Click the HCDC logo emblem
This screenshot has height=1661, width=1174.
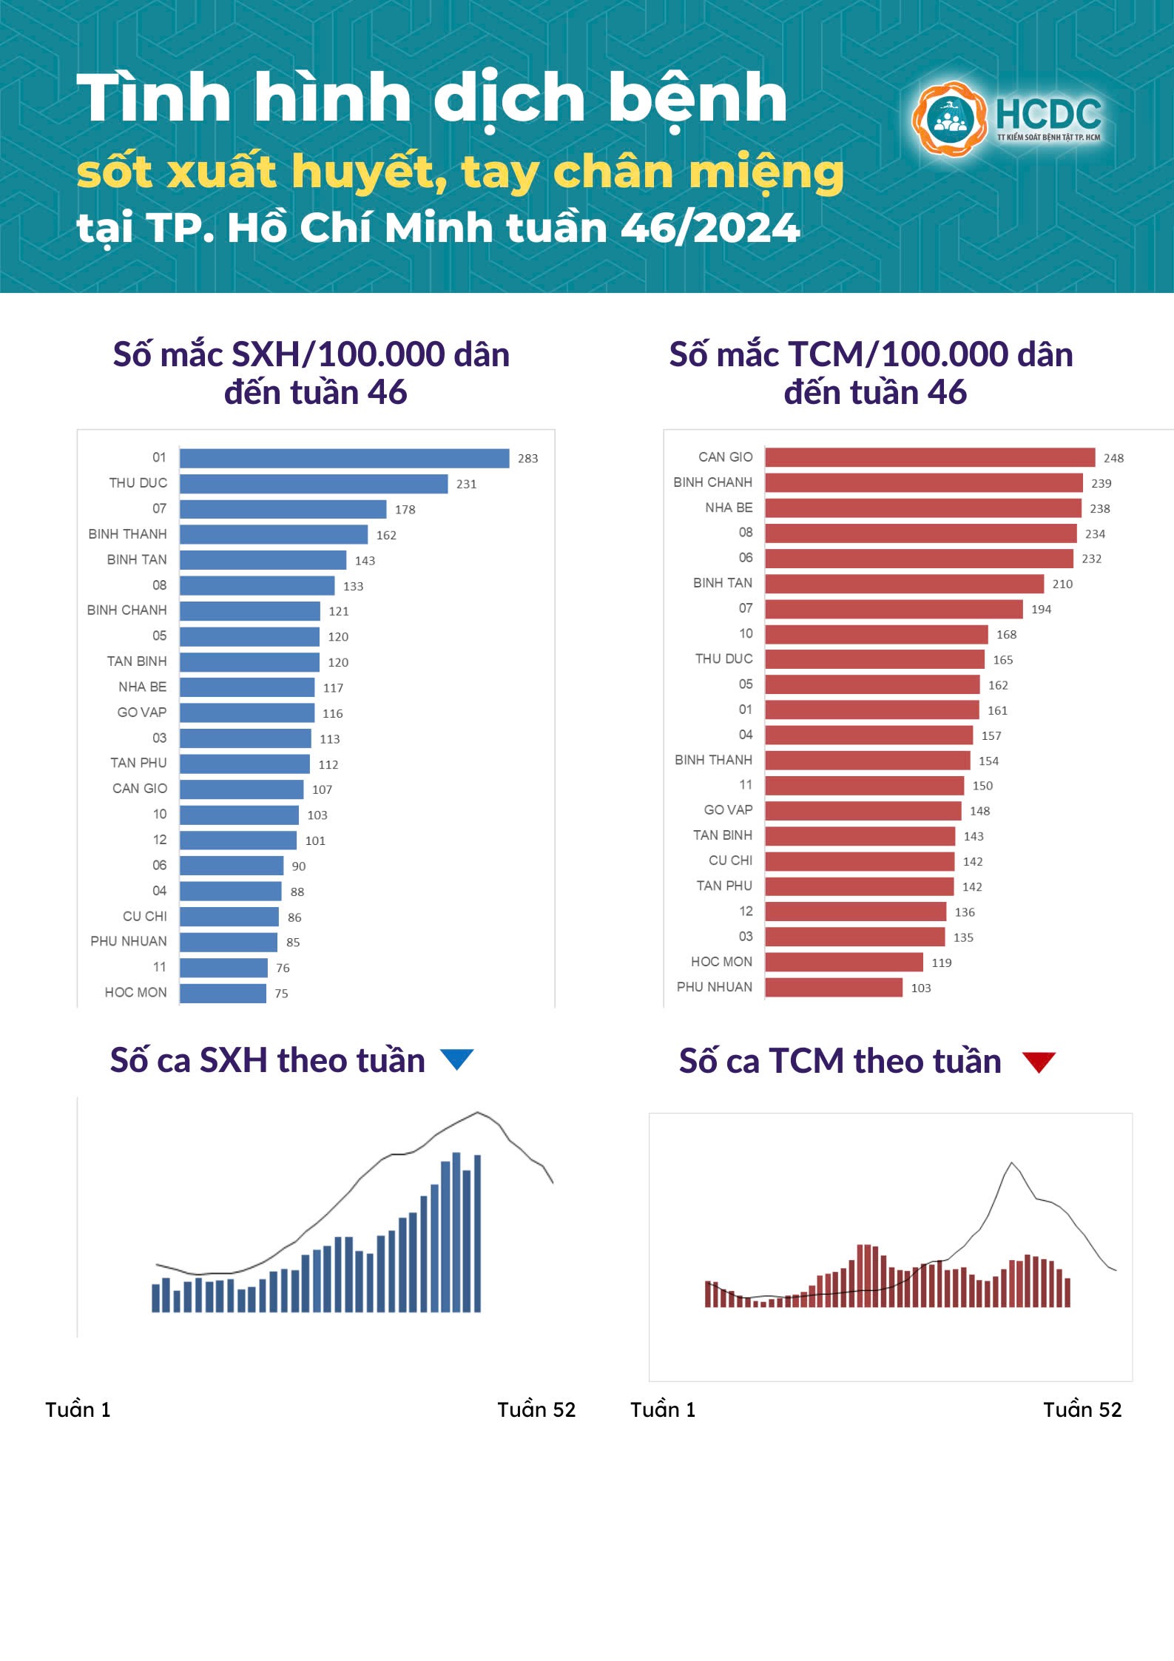949,118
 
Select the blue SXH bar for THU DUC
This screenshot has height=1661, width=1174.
314,484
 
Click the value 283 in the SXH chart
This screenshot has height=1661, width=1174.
527,459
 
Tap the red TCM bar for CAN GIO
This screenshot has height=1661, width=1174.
930,457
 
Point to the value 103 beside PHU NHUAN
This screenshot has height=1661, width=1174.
920,988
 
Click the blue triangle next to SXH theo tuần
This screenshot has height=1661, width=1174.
456,1059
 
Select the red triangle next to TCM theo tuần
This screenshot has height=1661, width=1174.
1039,1062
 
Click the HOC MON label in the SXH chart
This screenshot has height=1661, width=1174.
135,992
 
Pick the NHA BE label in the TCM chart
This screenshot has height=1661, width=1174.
729,508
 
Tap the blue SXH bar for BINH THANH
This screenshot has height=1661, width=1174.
274,535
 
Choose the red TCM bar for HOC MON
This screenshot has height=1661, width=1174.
844,962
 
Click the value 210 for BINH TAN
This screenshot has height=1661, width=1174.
1062,584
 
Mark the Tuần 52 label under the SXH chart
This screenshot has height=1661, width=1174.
536,1409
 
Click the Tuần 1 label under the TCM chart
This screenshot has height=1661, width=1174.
663,1409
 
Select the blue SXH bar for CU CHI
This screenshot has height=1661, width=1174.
229,917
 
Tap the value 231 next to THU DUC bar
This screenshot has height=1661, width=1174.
466,484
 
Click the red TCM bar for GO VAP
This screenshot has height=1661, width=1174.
863,811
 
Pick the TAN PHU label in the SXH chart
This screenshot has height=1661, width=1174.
138,763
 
